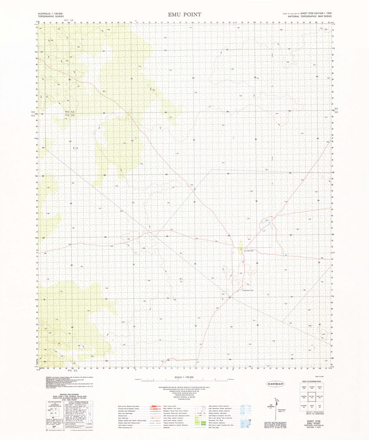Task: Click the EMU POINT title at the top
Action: click(x=185, y=15)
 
